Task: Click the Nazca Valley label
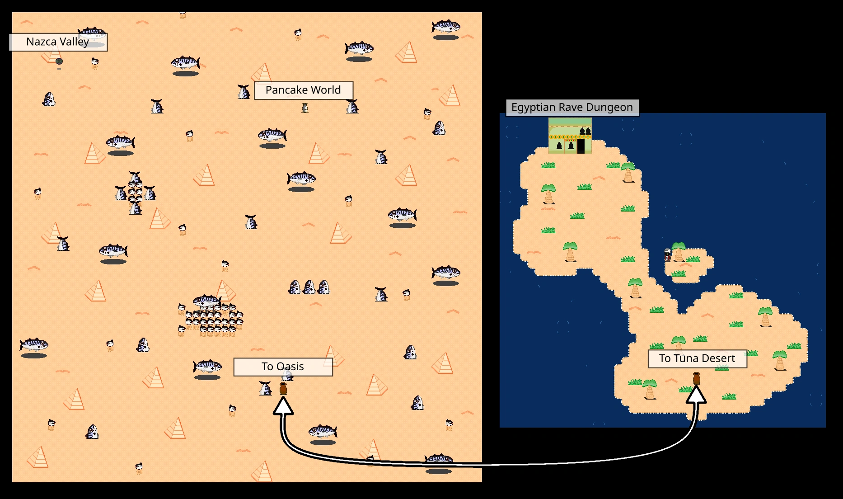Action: click(x=58, y=42)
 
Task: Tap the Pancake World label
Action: click(x=303, y=90)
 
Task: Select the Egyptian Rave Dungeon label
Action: click(x=572, y=108)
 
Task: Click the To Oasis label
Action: click(x=283, y=367)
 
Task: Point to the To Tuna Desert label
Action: click(x=697, y=358)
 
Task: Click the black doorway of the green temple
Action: click(x=581, y=146)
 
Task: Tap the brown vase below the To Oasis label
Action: click(x=283, y=389)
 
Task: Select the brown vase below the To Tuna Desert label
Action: click(x=697, y=378)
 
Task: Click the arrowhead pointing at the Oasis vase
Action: click(x=283, y=406)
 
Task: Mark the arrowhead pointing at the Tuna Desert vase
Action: click(x=696, y=395)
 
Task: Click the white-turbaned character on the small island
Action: click(x=668, y=255)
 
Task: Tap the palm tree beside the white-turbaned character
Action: click(x=679, y=252)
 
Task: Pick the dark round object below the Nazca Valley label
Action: click(x=59, y=61)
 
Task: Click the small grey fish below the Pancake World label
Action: click(x=305, y=108)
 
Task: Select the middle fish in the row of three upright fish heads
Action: click(x=309, y=287)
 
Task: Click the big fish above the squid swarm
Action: click(x=207, y=301)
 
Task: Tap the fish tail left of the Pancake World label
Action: click(x=244, y=92)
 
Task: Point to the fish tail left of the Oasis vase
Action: click(x=266, y=388)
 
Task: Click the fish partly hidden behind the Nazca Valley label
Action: click(x=92, y=33)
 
